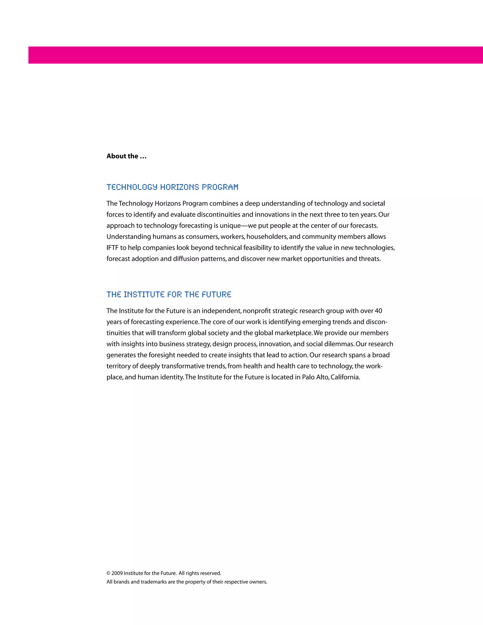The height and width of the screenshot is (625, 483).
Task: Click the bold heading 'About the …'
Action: [x=126, y=156]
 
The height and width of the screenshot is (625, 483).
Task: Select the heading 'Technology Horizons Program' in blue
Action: [x=172, y=187]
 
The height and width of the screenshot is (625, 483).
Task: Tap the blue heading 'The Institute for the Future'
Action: [x=169, y=295]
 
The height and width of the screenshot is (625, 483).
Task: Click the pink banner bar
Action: [x=255, y=55]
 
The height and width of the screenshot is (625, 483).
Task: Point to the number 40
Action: [x=378, y=311]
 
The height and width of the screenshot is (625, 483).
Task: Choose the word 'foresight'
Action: [x=161, y=355]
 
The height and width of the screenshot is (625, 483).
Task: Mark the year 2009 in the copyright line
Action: [x=117, y=573]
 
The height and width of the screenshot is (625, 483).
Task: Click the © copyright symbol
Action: [x=108, y=573]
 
